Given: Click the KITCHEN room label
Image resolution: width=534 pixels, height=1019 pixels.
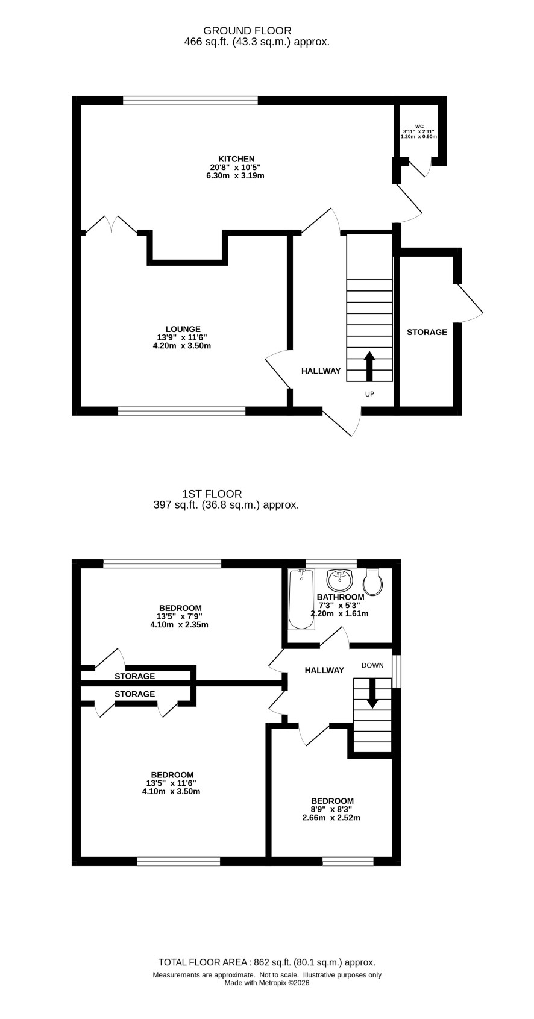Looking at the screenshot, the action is click(x=236, y=158).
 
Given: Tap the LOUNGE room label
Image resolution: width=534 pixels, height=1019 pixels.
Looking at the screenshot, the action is click(x=183, y=329).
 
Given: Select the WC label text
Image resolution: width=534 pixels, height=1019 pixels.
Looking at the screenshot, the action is click(x=419, y=127).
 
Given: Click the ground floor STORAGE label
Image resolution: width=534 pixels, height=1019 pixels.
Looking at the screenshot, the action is click(x=427, y=332).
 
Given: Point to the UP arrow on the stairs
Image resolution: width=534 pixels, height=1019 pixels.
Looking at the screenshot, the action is click(x=369, y=366).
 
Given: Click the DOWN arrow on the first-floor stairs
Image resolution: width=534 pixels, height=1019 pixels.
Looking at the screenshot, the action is click(x=372, y=693).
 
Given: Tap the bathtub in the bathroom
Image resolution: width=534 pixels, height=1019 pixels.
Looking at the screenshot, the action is click(x=301, y=599).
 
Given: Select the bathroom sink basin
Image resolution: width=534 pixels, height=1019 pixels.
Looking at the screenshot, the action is click(x=339, y=579).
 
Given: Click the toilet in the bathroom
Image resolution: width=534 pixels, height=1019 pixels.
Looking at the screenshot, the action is click(x=374, y=582).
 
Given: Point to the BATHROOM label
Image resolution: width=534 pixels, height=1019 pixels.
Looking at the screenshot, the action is click(x=341, y=597).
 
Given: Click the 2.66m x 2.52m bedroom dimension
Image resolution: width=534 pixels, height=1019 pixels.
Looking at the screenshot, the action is click(x=331, y=818).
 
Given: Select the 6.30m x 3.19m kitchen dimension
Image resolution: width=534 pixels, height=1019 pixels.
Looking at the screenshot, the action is click(x=235, y=175).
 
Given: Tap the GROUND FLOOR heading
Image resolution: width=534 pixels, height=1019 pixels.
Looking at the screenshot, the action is click(x=248, y=31).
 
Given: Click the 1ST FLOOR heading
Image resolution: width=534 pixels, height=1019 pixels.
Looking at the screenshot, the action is click(x=212, y=494).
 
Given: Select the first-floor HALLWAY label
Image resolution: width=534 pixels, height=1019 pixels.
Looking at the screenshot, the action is click(x=324, y=670).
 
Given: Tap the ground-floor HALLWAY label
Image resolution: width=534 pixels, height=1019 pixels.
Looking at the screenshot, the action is click(x=321, y=371).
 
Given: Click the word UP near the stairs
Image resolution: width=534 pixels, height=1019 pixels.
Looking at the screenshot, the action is click(x=369, y=394).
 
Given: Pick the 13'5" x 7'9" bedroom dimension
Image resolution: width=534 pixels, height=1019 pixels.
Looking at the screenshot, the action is click(x=179, y=616).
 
